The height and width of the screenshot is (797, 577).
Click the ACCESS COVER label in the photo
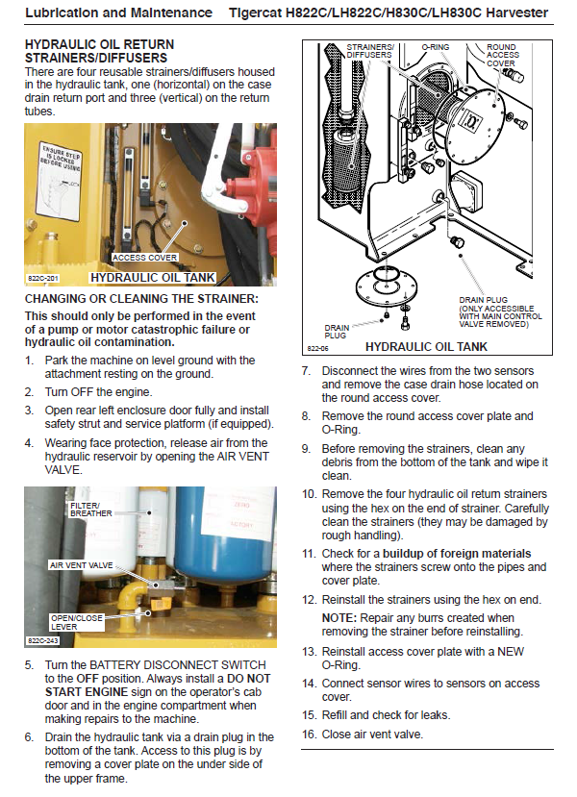(145, 258)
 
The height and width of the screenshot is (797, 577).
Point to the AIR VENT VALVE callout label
(80, 565)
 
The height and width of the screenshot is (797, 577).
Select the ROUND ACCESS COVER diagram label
(501, 56)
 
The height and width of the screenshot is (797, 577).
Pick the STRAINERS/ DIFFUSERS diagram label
(369, 51)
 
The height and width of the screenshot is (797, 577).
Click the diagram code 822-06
(318, 348)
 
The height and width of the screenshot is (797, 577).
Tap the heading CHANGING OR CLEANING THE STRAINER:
(141, 299)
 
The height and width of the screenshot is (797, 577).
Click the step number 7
(306, 371)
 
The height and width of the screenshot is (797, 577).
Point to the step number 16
(309, 735)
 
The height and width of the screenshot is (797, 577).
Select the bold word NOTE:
(339, 617)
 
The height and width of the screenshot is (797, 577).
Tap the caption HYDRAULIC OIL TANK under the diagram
(426, 347)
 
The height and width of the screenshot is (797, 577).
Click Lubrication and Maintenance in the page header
(118, 12)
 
